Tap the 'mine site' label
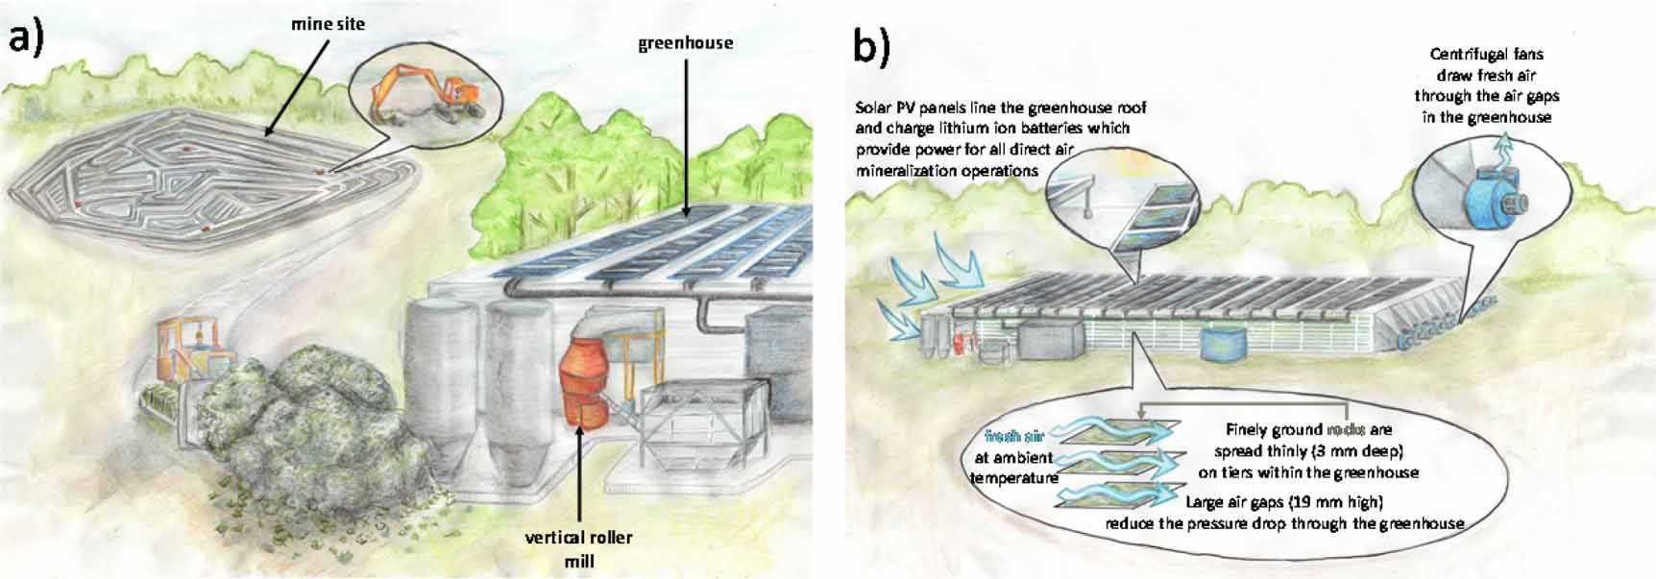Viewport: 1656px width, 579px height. click(328, 23)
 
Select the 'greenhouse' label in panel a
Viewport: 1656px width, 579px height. click(685, 43)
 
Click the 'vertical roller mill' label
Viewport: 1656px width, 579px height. click(579, 547)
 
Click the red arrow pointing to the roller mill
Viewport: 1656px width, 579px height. click(578, 470)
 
